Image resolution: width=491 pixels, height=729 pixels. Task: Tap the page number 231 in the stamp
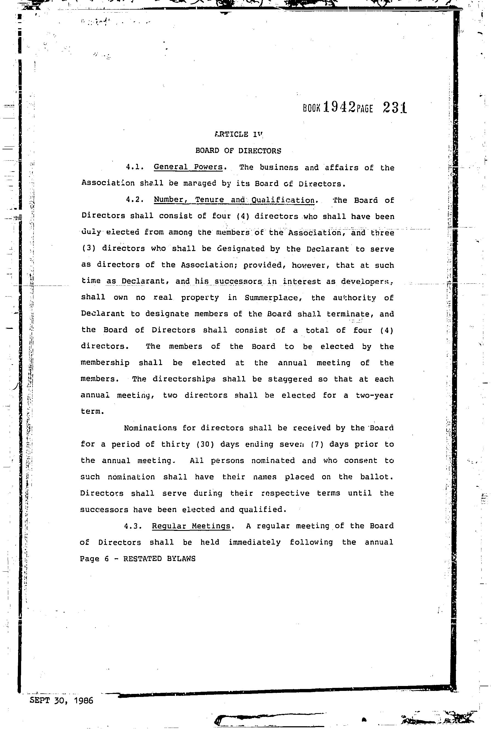point(394,108)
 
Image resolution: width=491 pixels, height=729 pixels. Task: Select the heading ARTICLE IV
point(239,134)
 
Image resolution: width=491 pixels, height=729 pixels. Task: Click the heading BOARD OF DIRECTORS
point(238,151)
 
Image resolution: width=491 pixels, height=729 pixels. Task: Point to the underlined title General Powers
point(188,167)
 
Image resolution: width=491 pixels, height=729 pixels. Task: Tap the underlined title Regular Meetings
point(191,526)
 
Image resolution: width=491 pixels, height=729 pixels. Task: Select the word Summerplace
point(273,298)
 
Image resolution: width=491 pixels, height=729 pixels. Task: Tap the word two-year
point(374,395)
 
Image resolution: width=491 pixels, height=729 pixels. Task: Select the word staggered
point(290,379)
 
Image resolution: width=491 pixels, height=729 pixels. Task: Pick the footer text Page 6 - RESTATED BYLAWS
point(138,559)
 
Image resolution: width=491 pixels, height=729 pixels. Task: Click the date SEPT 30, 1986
point(61,700)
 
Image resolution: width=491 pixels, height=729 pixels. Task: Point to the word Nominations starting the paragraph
point(150,428)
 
